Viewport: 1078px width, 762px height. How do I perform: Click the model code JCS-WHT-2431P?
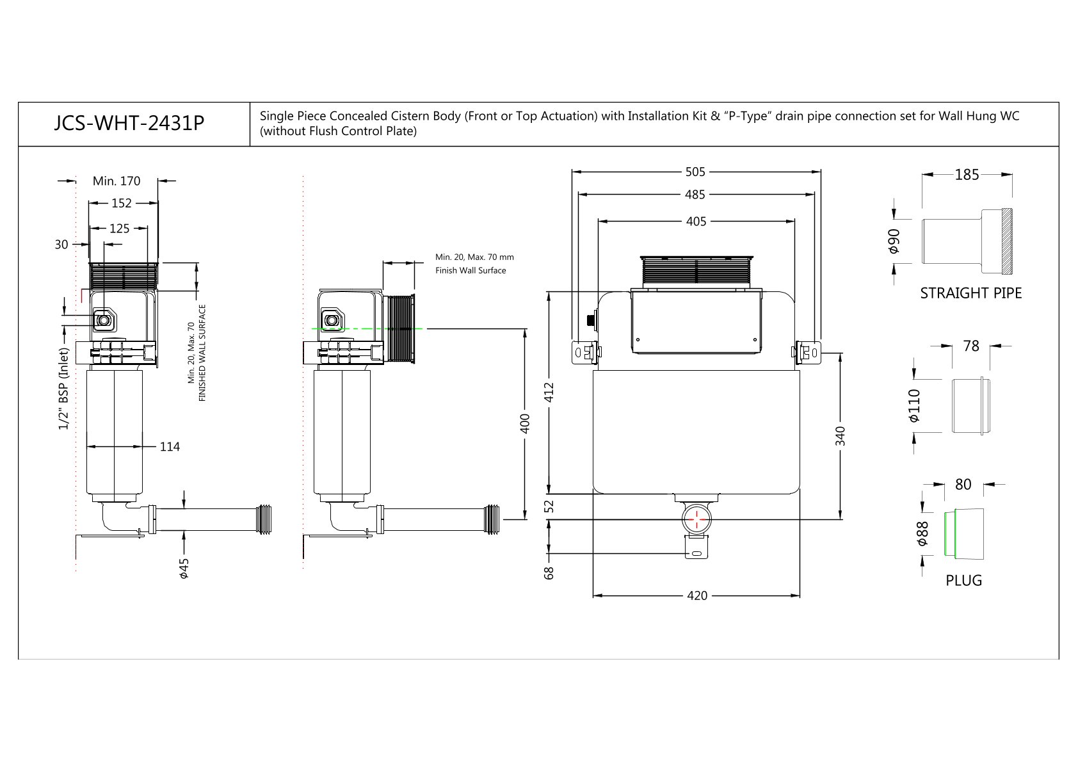point(129,123)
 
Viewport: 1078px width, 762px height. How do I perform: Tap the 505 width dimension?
point(695,172)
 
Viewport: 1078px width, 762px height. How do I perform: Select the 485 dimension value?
point(695,195)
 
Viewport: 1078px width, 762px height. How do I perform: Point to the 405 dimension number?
point(696,222)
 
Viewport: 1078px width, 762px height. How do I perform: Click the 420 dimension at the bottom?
point(697,596)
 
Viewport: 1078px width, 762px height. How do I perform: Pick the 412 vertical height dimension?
point(549,393)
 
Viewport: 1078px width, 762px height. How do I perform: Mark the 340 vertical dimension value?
point(840,436)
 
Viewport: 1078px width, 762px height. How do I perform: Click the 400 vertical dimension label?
point(524,424)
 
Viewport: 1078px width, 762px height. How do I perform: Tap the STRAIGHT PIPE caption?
point(970,293)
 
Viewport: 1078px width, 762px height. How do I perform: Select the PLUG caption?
point(963,581)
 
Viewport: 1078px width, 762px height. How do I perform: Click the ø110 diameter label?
point(914,406)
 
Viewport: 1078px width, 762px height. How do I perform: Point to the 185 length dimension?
point(967,175)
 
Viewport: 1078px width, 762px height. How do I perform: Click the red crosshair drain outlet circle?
point(696,519)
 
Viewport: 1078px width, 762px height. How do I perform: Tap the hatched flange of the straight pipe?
point(1007,241)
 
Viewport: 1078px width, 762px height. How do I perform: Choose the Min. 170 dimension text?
point(117,181)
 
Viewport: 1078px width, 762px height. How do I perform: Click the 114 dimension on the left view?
point(170,447)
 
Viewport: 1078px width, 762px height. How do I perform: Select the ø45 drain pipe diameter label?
point(184,569)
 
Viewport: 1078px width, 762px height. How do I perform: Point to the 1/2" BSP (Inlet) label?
point(63,389)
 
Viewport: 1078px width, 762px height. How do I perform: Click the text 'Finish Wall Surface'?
point(471,270)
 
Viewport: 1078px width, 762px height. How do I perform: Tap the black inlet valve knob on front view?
point(590,320)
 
